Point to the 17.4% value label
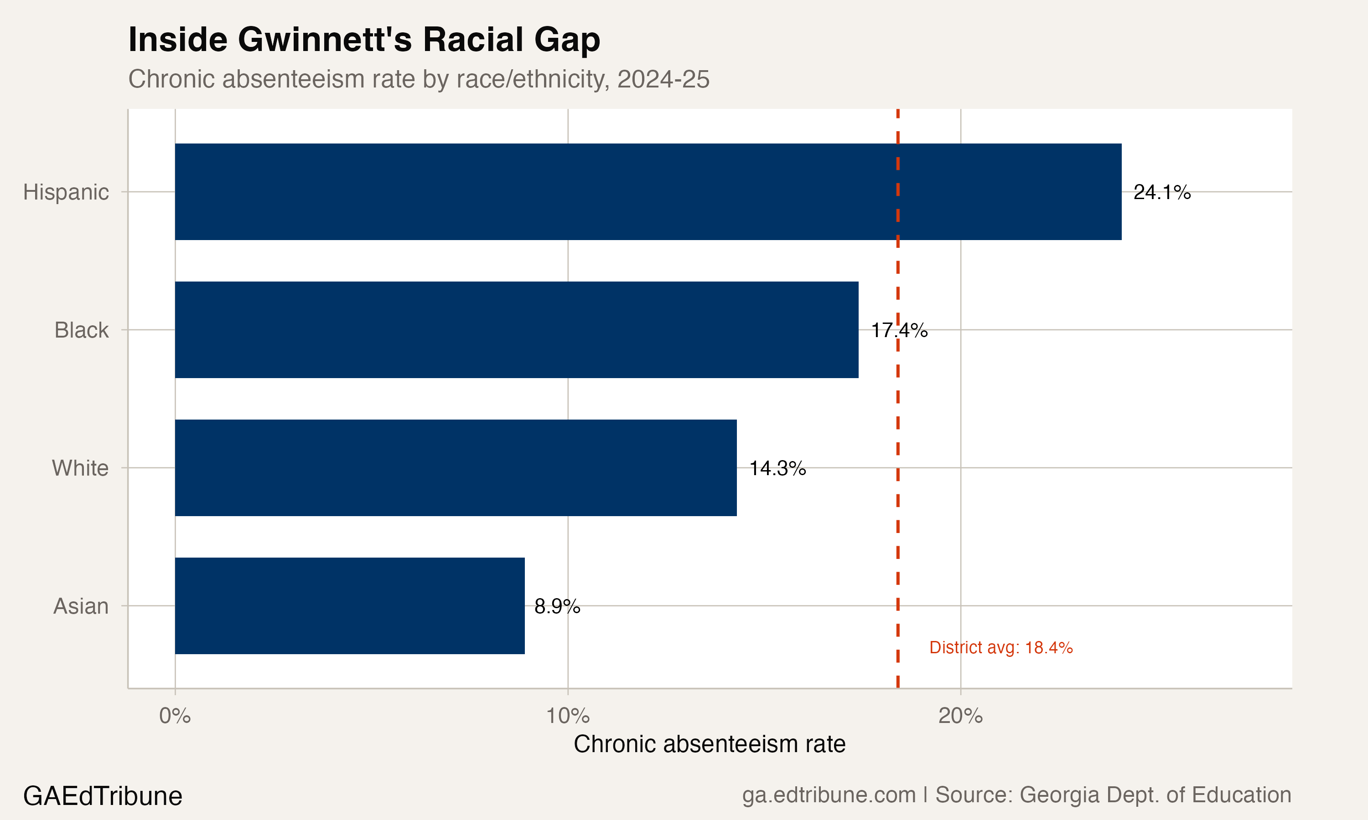(899, 330)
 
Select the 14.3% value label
(777, 469)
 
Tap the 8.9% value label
(557, 607)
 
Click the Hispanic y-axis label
(66, 192)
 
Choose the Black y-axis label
(81, 330)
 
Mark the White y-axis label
(80, 469)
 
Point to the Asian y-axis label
(81, 607)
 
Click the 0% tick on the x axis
(175, 716)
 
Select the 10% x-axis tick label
(568, 716)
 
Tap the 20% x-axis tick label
(960, 716)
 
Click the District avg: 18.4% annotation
(1001, 648)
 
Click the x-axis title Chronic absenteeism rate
(710, 744)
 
